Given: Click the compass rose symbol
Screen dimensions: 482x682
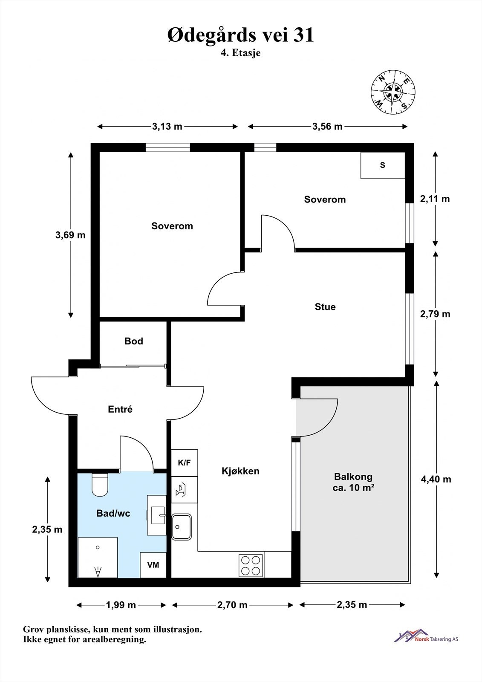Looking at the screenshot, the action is coord(393,92).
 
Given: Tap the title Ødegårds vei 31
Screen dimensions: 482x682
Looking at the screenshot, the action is coord(240,35).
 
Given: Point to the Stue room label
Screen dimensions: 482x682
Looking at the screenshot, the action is coord(325,306).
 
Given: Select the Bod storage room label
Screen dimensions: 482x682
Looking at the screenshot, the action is coord(134,341).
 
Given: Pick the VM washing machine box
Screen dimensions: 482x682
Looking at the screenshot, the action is coord(153,565).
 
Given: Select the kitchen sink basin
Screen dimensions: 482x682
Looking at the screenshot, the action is coord(182,527).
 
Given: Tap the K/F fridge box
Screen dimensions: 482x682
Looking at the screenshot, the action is coord(184,463).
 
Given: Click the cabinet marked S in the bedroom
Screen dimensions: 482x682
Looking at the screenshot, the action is coord(383,165).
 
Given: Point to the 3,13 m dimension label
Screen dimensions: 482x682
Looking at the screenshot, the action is coord(167,126).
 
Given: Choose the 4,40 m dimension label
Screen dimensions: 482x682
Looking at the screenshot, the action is coord(436,479).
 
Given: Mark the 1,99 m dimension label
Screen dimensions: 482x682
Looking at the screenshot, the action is coord(121,605).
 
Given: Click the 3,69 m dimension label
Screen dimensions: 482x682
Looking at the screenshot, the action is coord(70,235).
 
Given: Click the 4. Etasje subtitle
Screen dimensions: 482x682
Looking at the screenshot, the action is coord(240,53).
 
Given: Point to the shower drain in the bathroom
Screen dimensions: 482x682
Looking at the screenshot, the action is coord(98,547).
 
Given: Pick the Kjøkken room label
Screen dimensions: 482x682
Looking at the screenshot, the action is coord(240,471).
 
